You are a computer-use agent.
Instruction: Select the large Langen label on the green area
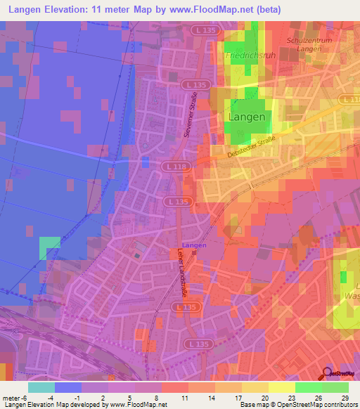pyautogui.click(x=248, y=117)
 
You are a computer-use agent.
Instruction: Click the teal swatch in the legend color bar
pyautogui.click(x=41, y=387)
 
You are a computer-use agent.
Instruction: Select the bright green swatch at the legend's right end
pyautogui.click(x=335, y=387)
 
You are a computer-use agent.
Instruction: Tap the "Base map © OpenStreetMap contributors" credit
pyautogui.click(x=297, y=405)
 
